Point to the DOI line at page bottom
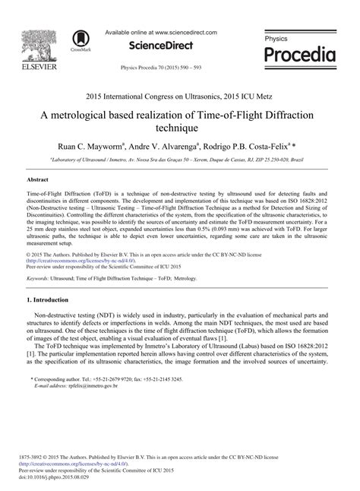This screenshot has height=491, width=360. coord(55,478)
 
